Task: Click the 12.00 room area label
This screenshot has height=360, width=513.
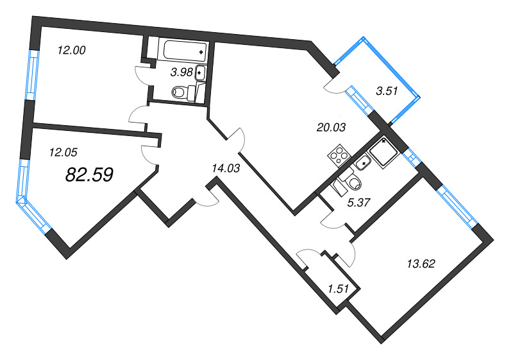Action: click(x=71, y=50)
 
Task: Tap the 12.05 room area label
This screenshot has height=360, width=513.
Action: click(x=63, y=153)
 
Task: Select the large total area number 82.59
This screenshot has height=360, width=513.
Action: click(x=90, y=175)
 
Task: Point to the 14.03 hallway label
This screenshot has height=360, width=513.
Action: click(x=224, y=169)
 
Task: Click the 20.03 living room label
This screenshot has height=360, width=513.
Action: click(x=331, y=127)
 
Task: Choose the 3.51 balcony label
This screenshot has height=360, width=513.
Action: click(x=387, y=91)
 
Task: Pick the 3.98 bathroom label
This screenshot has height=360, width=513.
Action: click(x=180, y=73)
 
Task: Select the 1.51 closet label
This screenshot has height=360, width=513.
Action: click(x=338, y=289)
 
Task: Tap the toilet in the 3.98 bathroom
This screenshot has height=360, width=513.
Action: click(x=183, y=94)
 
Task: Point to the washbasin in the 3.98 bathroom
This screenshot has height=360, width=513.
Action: click(x=200, y=72)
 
